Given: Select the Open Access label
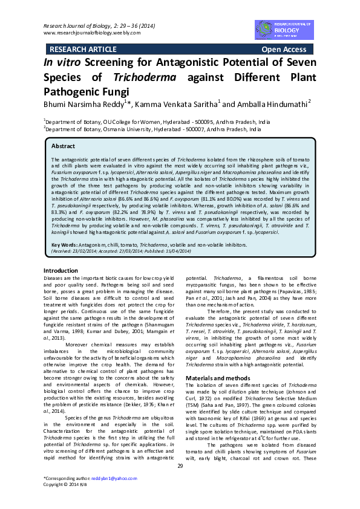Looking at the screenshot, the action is [284, 49].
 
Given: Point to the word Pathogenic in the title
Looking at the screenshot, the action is [76, 91].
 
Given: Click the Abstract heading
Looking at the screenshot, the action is [64, 146].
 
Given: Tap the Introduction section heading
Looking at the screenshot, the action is [61, 270].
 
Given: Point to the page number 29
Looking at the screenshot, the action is [180, 465].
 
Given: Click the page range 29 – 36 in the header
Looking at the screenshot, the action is [130, 25].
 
